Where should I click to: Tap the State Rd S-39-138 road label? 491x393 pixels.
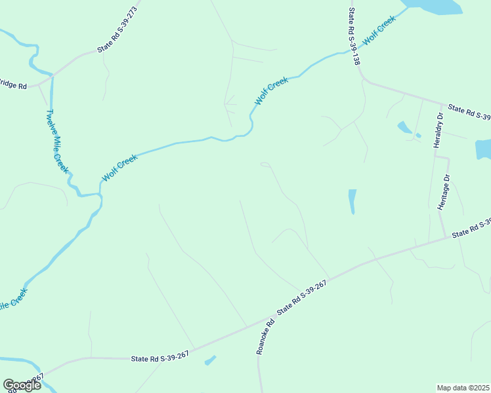click(x=354, y=36)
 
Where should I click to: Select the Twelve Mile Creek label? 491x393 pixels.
click(x=56, y=141)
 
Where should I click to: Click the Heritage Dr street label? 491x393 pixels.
click(x=444, y=192)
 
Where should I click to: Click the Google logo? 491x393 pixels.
click(x=22, y=384)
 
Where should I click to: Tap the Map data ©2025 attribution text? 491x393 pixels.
click(x=463, y=388)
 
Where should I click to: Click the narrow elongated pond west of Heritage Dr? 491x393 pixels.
click(x=352, y=201)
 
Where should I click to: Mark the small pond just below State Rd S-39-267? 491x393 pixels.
click(x=210, y=360)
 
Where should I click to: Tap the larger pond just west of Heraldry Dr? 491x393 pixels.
click(x=405, y=127)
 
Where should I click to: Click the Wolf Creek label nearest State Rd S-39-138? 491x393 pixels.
click(x=379, y=29)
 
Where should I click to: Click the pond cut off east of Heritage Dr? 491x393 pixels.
click(x=483, y=149)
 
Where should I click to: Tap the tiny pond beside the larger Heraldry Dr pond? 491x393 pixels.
click(x=417, y=136)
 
